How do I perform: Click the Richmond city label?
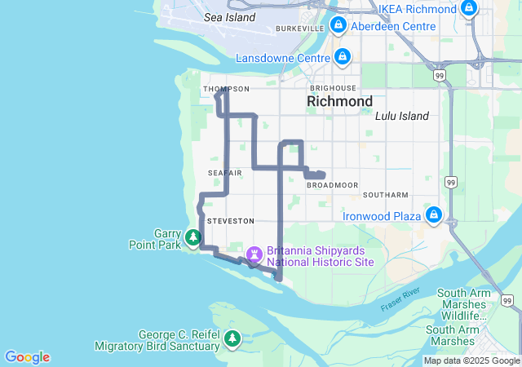pos(339,101)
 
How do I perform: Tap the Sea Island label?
pos(229,16)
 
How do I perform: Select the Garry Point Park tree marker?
pos(193,237)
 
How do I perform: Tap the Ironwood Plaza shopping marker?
pos(435,216)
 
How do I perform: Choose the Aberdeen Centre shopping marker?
pos(339,26)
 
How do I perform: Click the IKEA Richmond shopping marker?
pos(468,9)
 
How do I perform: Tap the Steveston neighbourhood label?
pos(231,221)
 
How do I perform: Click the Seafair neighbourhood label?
pos(224,173)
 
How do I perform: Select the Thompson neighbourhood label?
pos(226,89)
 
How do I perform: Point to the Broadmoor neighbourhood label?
pos(332,185)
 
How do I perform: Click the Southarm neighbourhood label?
pos(385,195)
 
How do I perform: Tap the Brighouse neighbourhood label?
pos(333,87)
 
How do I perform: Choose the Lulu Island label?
pos(402,116)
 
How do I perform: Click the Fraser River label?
pos(400,298)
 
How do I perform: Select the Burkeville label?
pos(300,29)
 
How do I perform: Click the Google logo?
pos(27,357)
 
